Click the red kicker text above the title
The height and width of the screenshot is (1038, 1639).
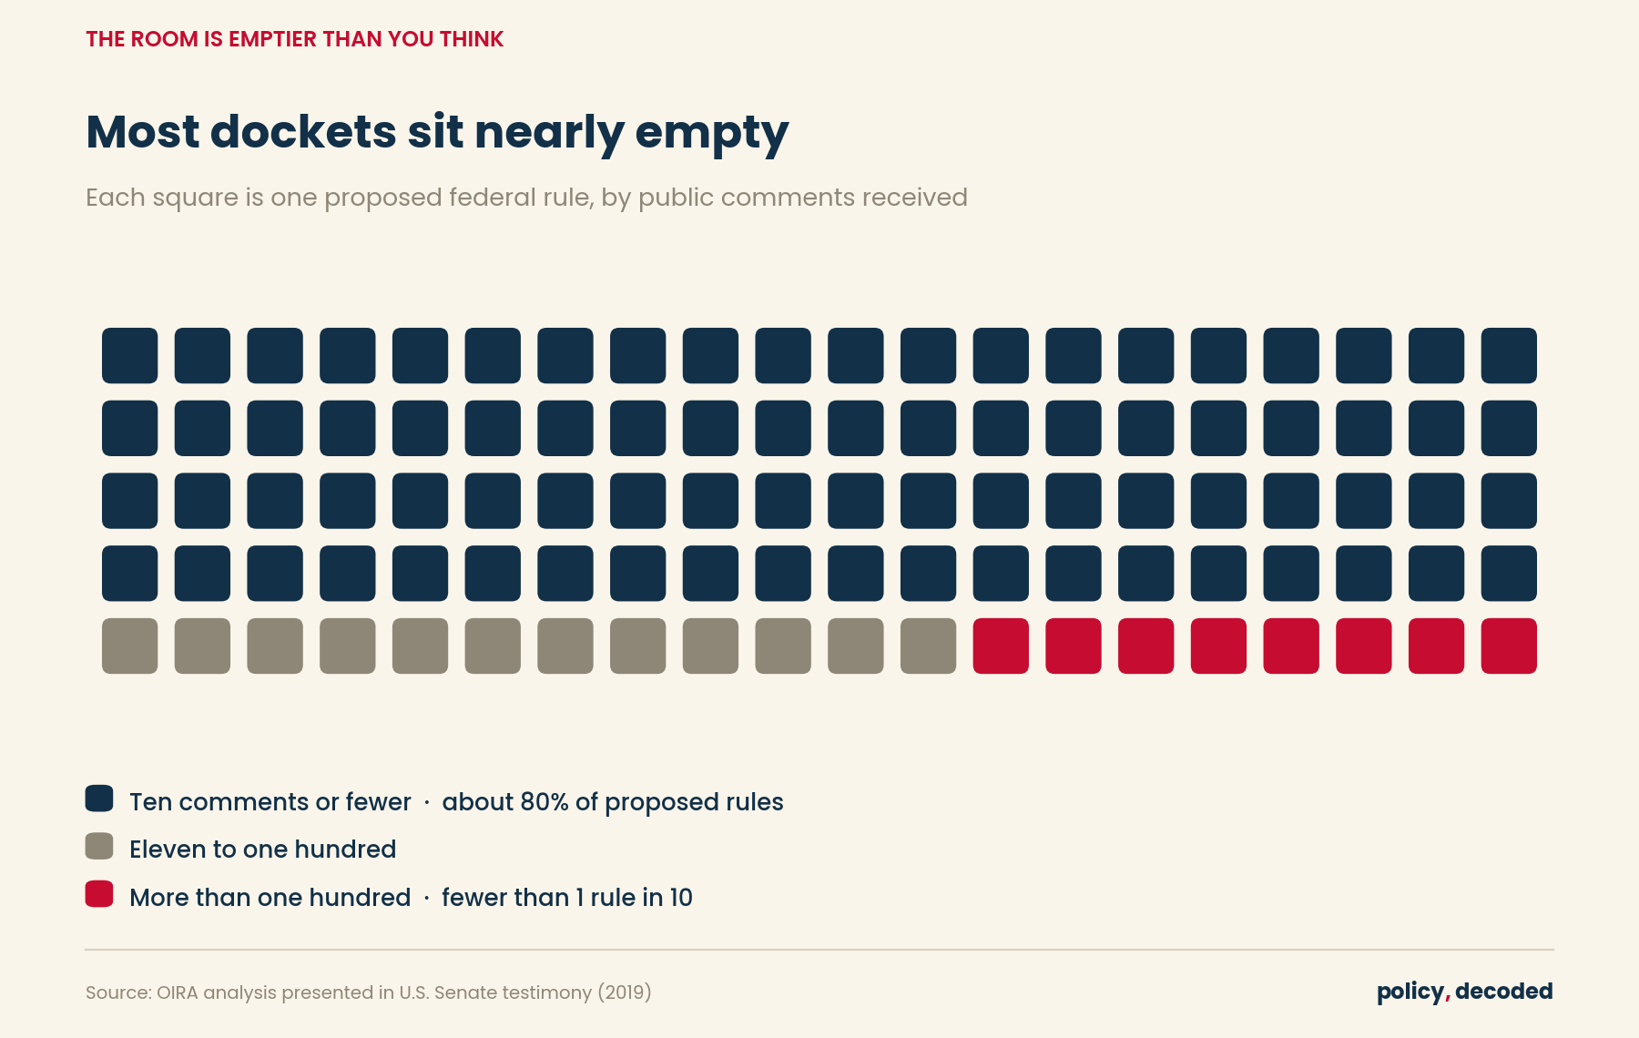coord(295,39)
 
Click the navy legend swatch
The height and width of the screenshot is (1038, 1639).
coord(99,799)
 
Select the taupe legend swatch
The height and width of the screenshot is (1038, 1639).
coord(99,846)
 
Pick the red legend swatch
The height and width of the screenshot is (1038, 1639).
coord(99,894)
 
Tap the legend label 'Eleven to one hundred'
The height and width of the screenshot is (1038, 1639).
coord(262,849)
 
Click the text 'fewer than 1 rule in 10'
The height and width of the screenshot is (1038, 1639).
coord(567,897)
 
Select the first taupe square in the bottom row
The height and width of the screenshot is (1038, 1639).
coord(129,646)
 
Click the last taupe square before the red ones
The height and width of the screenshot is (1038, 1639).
coord(928,646)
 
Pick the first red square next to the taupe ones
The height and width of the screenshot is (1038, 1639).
coord(1001,646)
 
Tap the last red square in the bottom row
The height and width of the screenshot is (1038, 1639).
coord(1509,646)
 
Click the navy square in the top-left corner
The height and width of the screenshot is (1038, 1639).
coord(129,356)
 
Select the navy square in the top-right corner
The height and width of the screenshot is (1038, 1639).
coord(1509,356)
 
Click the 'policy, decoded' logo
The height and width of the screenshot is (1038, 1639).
coord(1465,992)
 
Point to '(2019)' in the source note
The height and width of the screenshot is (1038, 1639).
coord(625,992)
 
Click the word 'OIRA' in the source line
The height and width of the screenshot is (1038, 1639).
coord(178,992)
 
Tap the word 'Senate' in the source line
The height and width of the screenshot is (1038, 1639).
coord(462,992)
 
